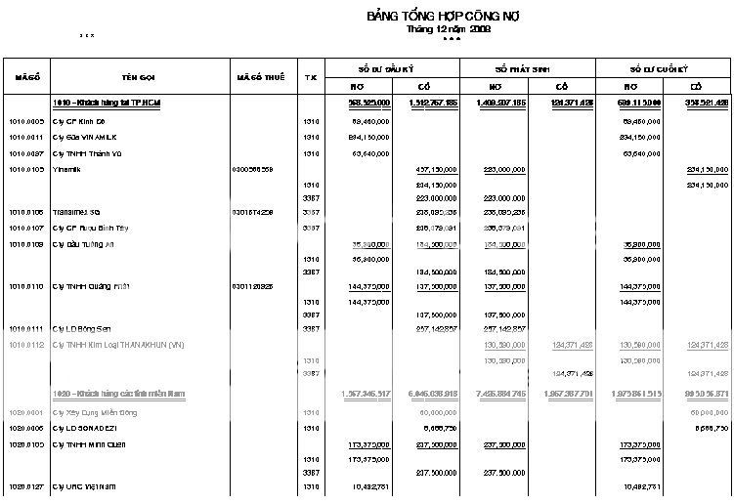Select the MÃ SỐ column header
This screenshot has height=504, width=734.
click(25, 76)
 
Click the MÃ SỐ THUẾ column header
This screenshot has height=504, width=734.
click(261, 76)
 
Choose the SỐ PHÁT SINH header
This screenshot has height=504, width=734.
click(523, 68)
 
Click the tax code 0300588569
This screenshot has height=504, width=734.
click(252, 169)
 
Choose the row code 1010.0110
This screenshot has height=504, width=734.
click(26, 286)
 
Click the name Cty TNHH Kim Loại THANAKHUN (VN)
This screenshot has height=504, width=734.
click(118, 345)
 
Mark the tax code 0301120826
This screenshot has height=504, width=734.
click(252, 286)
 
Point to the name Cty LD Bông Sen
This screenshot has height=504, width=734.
click(82, 328)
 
